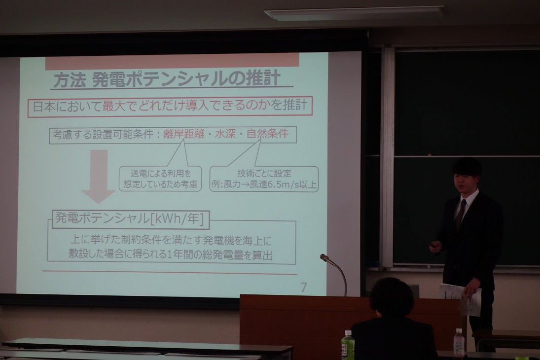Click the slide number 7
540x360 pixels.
(303, 288)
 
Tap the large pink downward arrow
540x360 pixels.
(99, 177)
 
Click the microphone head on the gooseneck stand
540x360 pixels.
(324, 258)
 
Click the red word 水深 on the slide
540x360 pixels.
(225, 134)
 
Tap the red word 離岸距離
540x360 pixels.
(184, 134)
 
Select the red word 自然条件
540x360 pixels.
(268, 133)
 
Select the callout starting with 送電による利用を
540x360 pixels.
(160, 179)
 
